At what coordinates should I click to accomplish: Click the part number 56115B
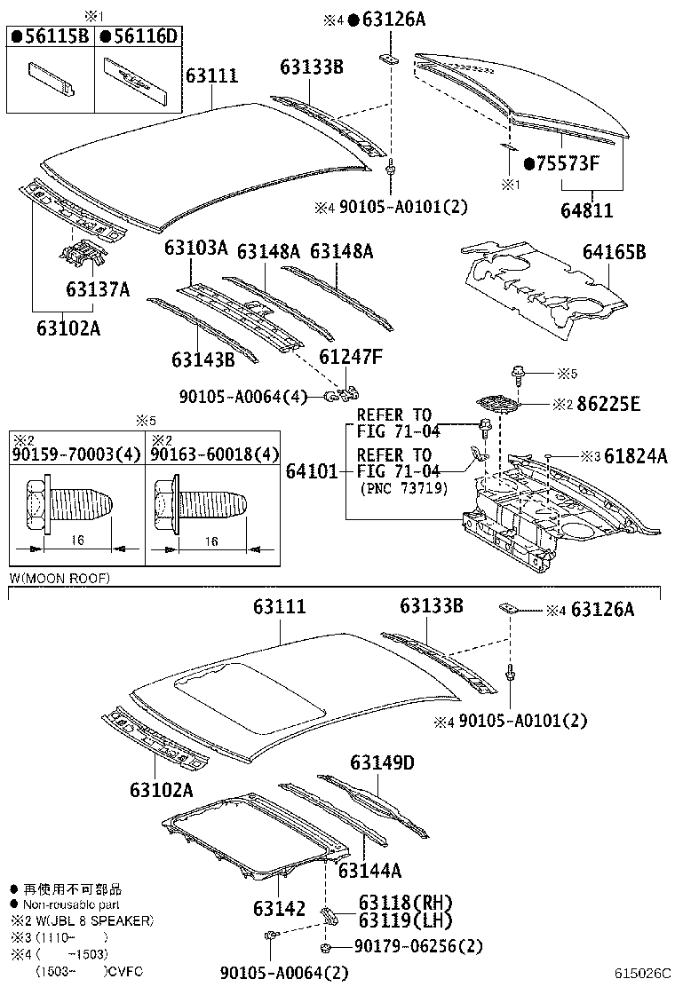tap(54, 36)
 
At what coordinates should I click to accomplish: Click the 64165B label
tap(614, 253)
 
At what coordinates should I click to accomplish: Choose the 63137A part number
tap(98, 289)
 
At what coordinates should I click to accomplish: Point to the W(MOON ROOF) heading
tap(60, 578)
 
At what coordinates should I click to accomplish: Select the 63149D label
tap(382, 762)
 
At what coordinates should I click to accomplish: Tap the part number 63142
tap(279, 908)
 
